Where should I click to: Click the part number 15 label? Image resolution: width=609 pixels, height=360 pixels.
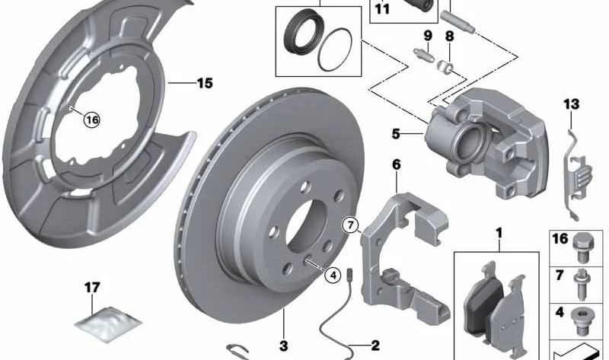pos(204,84)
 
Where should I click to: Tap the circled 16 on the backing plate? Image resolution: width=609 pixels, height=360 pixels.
pos(91,119)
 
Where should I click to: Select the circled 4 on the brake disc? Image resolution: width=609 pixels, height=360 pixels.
pos(332,276)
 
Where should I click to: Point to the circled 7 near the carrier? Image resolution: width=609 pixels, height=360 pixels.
pos(349,225)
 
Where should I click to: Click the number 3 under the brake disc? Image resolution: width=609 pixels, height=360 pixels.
pos(283,346)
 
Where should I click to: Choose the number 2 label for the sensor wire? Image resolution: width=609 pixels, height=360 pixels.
pos(375,346)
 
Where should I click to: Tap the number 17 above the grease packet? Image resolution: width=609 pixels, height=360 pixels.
pos(91,287)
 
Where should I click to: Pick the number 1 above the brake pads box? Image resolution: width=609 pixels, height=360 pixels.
pos(499,230)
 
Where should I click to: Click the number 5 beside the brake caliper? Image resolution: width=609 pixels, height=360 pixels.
pos(396,135)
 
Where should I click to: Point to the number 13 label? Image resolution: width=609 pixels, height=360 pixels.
pos(572,104)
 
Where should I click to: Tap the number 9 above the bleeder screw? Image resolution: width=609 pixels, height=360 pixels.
pos(427,35)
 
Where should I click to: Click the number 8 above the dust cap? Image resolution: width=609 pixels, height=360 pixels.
pos(449,35)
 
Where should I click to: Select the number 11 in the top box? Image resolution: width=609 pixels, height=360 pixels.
pos(381,10)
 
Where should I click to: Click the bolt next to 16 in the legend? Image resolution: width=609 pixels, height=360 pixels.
pos(584,244)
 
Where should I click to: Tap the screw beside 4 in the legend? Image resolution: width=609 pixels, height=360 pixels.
pos(584,315)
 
